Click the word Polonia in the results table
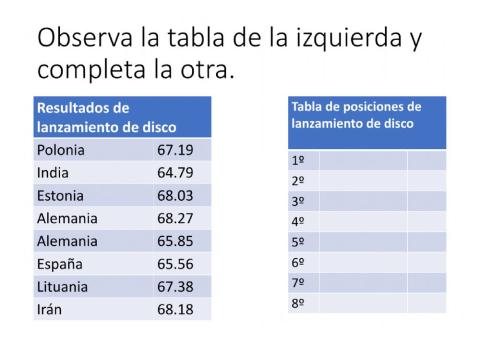click(x=60, y=151)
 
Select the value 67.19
click(x=175, y=151)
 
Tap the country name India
click(x=52, y=173)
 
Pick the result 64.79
click(x=175, y=173)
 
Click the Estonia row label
click(x=60, y=196)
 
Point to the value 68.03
click(x=175, y=196)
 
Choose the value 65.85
click(x=175, y=241)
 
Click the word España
click(x=59, y=264)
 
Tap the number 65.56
click(x=175, y=264)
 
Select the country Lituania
click(x=62, y=287)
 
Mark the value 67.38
click(x=175, y=287)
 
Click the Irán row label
click(x=49, y=309)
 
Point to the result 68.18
click(x=175, y=309)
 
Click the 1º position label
click(x=297, y=160)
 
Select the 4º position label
click(x=297, y=221)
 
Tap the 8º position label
click(x=297, y=302)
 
